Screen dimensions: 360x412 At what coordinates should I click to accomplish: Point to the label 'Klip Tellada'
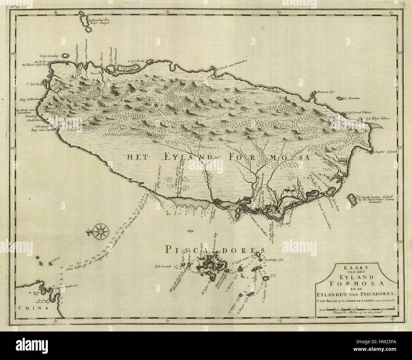(29, 99)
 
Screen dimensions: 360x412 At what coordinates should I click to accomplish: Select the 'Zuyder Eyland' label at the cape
(386, 152)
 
